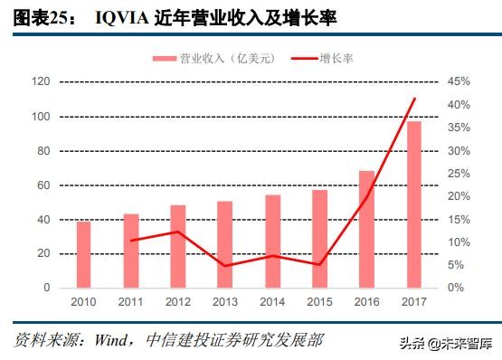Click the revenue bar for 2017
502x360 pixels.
pyautogui.click(x=413, y=204)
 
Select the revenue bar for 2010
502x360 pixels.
pyautogui.click(x=83, y=254)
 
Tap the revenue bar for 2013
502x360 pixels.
pyautogui.click(x=224, y=244)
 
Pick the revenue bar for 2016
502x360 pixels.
pyautogui.click(x=366, y=229)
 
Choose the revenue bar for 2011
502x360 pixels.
pyautogui.click(x=131, y=251)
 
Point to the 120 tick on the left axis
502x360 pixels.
pyautogui.click(x=40, y=82)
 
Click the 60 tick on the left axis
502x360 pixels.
pyautogui.click(x=43, y=185)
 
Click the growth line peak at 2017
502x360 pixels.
pyautogui.click(x=414, y=99)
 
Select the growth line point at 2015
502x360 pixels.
pyautogui.click(x=319, y=264)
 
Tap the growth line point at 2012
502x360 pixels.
pyautogui.click(x=178, y=232)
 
